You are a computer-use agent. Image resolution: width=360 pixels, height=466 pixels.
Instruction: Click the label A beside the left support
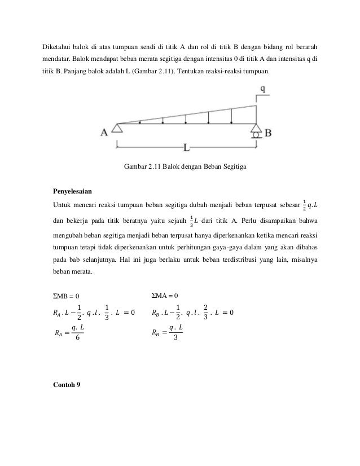point(104,133)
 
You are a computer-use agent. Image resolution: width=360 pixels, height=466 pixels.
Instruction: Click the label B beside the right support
point(269,133)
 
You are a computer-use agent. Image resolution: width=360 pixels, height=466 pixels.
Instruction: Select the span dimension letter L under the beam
point(187,148)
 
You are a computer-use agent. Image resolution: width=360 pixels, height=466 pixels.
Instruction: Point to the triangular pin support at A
point(117,129)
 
